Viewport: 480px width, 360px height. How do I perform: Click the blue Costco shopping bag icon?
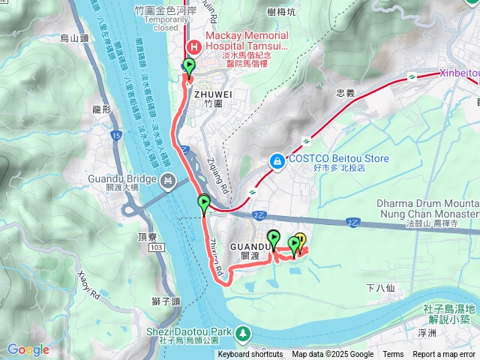(x=277, y=160)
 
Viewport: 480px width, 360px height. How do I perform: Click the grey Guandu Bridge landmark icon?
(x=168, y=180)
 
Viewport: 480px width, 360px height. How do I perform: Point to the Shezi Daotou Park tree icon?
(x=243, y=332)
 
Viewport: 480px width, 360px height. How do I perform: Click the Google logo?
(x=28, y=349)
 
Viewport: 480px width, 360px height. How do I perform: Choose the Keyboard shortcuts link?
(x=250, y=355)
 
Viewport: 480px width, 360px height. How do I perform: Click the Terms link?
(x=393, y=355)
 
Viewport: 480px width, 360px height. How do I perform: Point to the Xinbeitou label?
(x=457, y=73)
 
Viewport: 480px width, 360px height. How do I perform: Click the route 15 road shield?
(x=115, y=135)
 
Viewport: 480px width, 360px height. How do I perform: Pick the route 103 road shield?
(x=155, y=247)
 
